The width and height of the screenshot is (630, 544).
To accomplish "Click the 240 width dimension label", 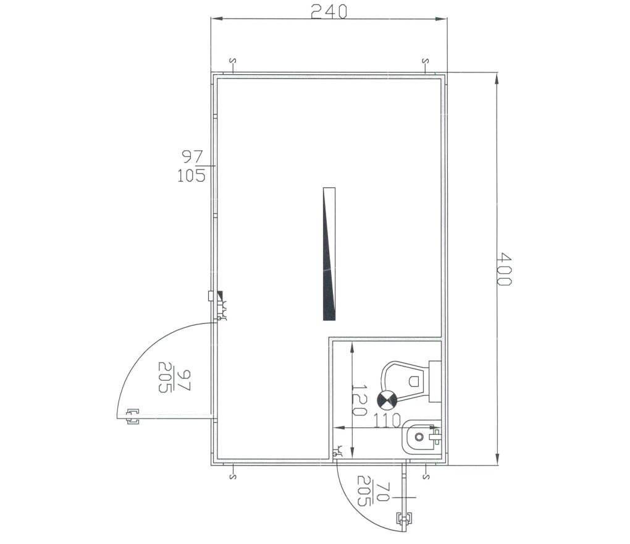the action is pos(328,12).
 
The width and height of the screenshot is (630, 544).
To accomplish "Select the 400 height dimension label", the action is pos(503,269).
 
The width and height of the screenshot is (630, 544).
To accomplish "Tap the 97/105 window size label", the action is pos(192,166).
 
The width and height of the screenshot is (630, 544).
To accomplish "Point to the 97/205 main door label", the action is pos(175,378).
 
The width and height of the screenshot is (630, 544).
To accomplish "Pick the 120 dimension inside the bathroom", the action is pos(359,400).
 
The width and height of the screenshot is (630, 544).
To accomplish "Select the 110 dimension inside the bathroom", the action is pos(387,420).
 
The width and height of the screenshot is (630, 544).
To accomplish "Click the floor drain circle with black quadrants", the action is pos(387,401).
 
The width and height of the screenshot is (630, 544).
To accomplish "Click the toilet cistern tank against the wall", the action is pos(435,381).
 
